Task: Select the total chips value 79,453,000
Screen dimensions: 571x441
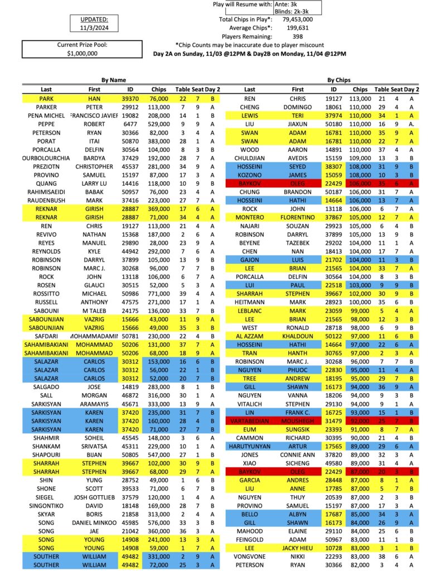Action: click(x=297, y=19)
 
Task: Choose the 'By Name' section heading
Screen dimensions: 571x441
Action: click(x=117, y=80)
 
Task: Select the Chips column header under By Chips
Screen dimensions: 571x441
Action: click(x=360, y=89)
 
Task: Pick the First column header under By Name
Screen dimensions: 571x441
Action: click(x=94, y=89)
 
